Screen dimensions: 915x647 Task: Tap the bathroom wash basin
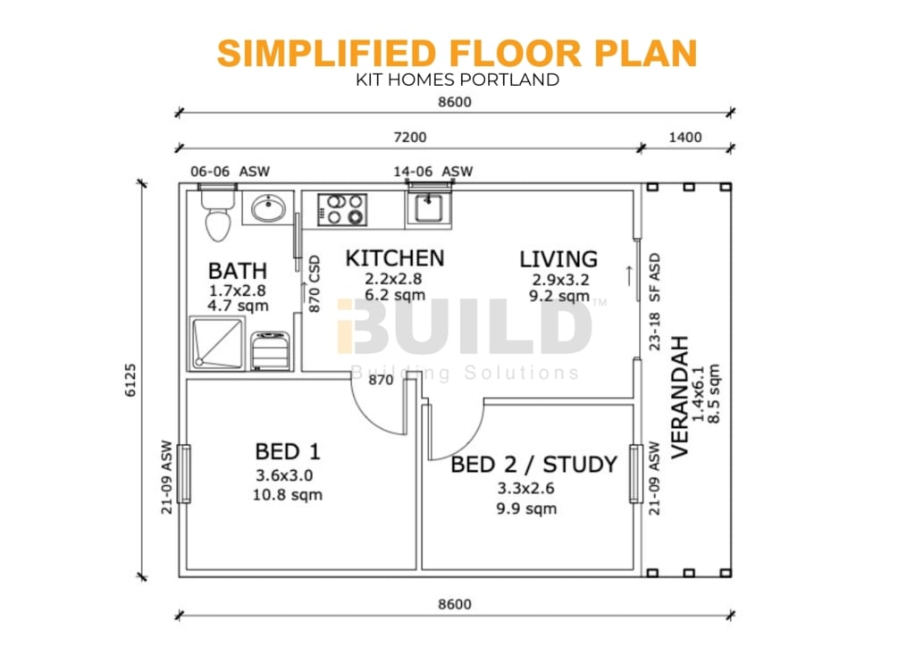tap(268, 207)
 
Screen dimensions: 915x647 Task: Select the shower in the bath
tap(216, 343)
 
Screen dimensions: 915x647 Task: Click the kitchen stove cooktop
tap(342, 209)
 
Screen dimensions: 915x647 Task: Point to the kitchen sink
tap(428, 209)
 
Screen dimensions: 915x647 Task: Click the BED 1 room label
tap(288, 451)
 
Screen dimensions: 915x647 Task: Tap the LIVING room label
tap(558, 259)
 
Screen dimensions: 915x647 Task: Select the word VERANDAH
tap(680, 398)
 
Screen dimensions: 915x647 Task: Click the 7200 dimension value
tap(410, 137)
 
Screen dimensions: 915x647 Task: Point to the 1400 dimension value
tap(685, 137)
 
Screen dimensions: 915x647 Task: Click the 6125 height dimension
tap(130, 381)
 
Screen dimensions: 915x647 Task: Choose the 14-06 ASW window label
tap(433, 172)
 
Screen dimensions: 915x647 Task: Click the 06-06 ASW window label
tap(230, 172)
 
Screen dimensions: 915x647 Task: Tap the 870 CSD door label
tap(315, 283)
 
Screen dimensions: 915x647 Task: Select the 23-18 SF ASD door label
tap(655, 301)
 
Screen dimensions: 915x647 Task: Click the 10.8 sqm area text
tap(287, 495)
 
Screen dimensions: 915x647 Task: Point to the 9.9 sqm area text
tap(526, 508)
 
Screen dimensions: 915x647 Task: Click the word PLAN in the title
tap(646, 53)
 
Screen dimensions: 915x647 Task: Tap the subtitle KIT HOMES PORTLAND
tap(457, 80)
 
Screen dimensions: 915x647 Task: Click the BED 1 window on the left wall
tap(183, 474)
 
